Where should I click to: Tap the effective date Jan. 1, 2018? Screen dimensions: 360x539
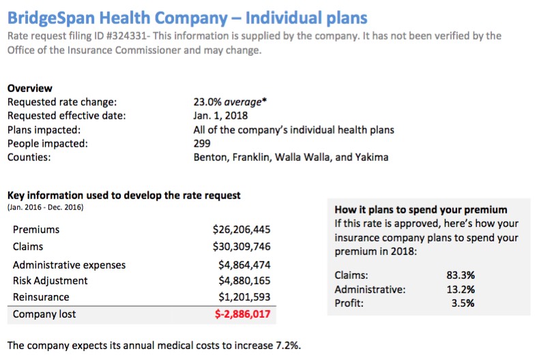point(220,116)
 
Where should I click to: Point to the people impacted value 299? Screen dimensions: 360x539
point(202,143)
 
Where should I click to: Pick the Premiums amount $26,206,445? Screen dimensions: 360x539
point(242,230)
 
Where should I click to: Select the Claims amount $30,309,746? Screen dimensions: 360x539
point(242,246)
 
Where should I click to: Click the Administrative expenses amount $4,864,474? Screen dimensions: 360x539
point(244,265)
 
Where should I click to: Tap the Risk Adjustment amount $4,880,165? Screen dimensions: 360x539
point(244,281)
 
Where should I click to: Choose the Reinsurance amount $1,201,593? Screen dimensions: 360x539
point(244,297)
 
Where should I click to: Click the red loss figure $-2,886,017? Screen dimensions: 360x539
point(242,314)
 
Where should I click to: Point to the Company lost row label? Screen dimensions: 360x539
point(44,314)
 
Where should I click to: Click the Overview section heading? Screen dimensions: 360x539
point(29,89)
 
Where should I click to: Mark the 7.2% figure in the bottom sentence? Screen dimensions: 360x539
point(287,344)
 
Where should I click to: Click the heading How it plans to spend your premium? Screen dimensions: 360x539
point(421,209)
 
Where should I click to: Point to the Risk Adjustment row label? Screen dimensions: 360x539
point(50,281)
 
